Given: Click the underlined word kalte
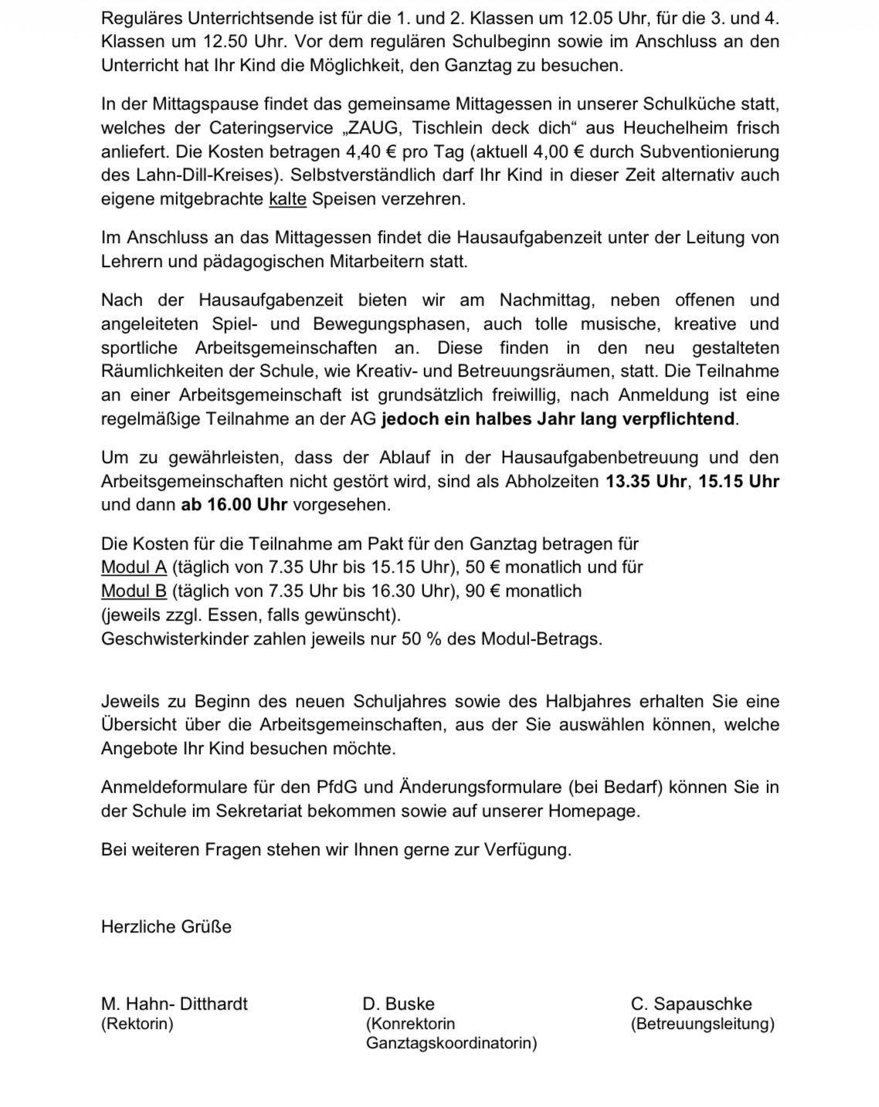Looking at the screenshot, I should pyautogui.click(x=287, y=199).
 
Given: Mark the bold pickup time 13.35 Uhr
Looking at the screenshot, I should pyautogui.click(x=646, y=482).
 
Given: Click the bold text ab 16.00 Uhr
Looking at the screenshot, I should pyautogui.click(x=234, y=505).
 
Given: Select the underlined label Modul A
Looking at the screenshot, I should pyautogui.click(x=134, y=567).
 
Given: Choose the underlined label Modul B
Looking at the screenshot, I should pyautogui.click(x=134, y=591).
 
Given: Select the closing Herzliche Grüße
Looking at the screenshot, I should pyautogui.click(x=166, y=927).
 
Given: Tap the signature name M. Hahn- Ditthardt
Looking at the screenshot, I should pyautogui.click(x=175, y=1004).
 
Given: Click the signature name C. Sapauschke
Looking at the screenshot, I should pyautogui.click(x=691, y=1004).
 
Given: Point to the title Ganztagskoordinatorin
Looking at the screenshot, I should pyautogui.click(x=452, y=1044).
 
